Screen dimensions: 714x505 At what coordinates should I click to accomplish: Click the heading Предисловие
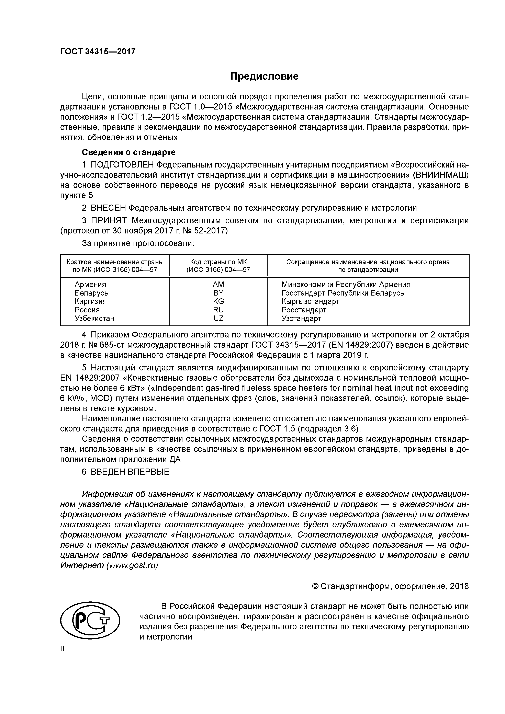click(264, 76)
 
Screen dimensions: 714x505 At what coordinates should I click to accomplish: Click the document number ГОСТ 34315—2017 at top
click(98, 51)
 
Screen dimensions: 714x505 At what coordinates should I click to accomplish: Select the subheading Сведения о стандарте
click(128, 152)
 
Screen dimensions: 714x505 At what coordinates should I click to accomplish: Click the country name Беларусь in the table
click(91, 293)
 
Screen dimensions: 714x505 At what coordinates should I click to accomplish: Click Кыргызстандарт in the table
click(310, 301)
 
